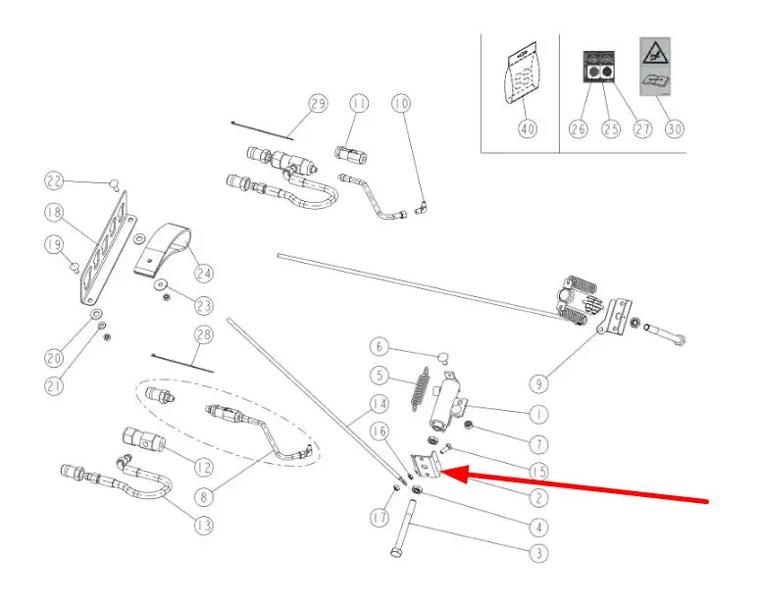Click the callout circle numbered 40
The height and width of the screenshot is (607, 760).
(x=529, y=129)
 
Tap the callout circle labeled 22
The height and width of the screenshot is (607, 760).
(x=55, y=179)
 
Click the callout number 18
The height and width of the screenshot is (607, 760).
(x=55, y=212)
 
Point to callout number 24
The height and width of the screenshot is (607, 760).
(x=204, y=273)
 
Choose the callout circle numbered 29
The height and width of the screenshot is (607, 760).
(x=317, y=103)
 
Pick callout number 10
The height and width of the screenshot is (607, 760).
(x=400, y=103)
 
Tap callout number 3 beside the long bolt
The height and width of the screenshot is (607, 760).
(x=537, y=553)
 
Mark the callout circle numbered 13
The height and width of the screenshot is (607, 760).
(x=203, y=526)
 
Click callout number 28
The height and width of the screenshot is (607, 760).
(x=204, y=336)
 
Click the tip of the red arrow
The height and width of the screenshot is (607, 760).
(x=446, y=474)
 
